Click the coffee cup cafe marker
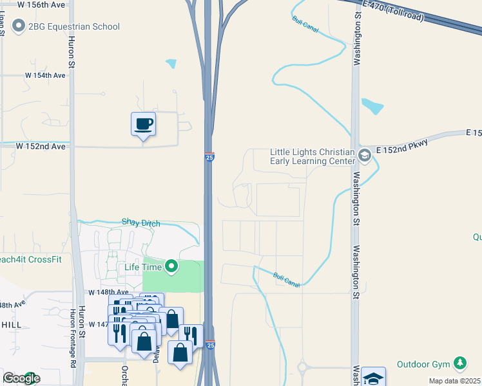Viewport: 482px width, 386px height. (x=143, y=124)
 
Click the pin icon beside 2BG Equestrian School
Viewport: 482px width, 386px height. (x=17, y=26)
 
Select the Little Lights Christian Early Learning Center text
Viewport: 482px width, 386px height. (x=312, y=156)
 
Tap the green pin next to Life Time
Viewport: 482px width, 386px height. (x=171, y=265)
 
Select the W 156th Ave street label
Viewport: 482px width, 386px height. (x=43, y=5)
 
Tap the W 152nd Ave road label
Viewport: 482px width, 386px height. (x=41, y=146)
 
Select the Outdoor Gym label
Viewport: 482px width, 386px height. (x=423, y=364)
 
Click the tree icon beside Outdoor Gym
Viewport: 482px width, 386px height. (x=460, y=364)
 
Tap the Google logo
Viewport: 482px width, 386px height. (x=21, y=378)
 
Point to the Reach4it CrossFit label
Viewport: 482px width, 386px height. (x=31, y=259)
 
